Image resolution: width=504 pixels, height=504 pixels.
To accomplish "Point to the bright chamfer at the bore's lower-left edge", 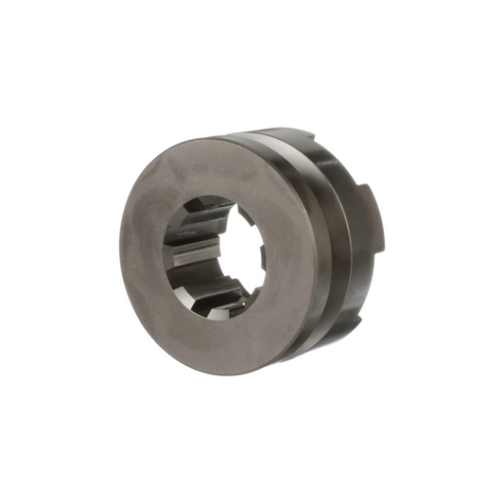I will [180, 293].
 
